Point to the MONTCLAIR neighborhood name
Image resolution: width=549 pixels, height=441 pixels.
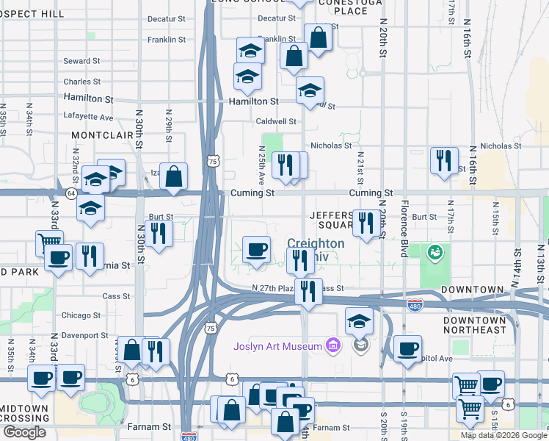[100, 136]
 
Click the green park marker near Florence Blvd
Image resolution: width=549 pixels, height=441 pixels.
[435, 253]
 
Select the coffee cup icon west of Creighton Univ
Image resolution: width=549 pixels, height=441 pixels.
[256, 249]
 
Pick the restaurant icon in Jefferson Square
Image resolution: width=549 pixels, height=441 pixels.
[366, 222]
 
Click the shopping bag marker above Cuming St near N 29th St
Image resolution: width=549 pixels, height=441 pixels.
[173, 177]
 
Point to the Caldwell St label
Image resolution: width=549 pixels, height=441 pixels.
[276, 121]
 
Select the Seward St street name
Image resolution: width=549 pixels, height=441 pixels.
[81, 61]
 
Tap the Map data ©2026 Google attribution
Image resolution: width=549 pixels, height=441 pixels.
[503, 435]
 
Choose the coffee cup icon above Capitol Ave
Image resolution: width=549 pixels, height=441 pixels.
[407, 348]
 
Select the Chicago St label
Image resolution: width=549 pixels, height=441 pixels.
[81, 315]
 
